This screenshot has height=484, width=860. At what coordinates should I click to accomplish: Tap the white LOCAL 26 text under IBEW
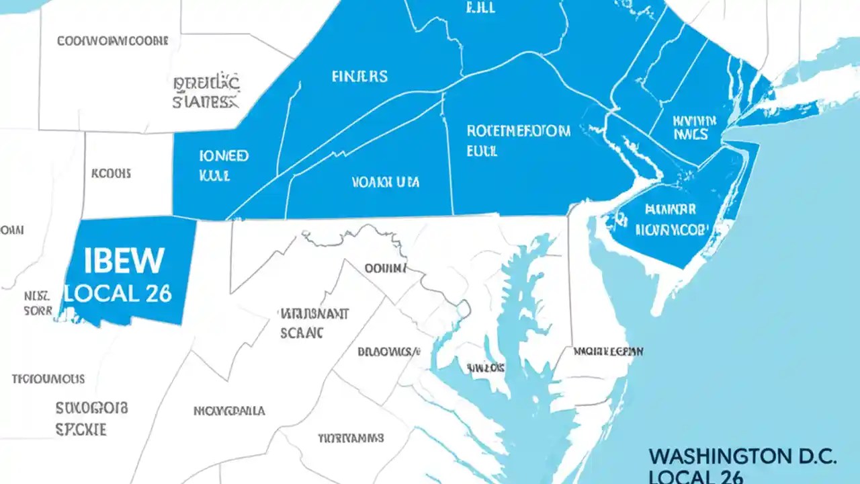point(118,293)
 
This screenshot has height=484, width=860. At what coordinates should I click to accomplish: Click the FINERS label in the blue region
point(359,77)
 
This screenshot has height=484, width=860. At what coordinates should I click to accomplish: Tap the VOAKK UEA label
point(386,182)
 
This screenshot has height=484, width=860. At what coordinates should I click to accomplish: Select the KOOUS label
point(111,173)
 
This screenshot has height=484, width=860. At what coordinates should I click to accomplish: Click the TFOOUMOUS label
point(48,378)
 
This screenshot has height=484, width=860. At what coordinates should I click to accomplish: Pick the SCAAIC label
point(302,332)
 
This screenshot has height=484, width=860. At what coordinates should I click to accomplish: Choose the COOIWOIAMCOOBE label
point(112,41)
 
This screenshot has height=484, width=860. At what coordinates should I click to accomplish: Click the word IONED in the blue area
point(224,156)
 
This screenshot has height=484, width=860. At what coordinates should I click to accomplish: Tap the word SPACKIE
point(81,430)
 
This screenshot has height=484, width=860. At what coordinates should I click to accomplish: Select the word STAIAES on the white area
point(205,102)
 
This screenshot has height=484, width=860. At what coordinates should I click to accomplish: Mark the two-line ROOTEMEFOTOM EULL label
point(518,140)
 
